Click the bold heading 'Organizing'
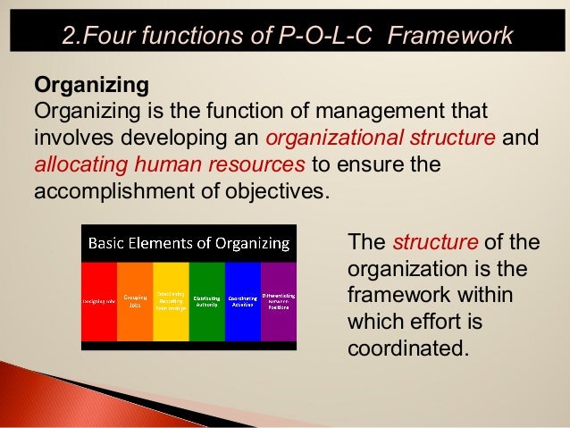(x=90, y=87)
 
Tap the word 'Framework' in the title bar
(x=457, y=36)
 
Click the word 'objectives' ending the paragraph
(x=269, y=192)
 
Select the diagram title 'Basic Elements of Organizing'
(x=187, y=243)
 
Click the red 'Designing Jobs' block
(x=99, y=302)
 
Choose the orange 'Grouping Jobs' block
(x=135, y=302)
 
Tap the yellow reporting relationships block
(x=171, y=302)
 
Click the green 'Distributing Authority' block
(x=206, y=302)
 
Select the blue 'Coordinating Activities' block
(x=242, y=302)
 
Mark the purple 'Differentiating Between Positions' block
(x=279, y=302)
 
